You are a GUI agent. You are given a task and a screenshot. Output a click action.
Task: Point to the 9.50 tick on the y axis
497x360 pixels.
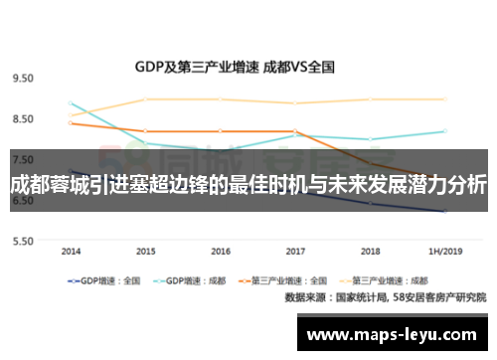[23, 78]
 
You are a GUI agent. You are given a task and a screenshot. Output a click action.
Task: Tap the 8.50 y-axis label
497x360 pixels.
[23, 118]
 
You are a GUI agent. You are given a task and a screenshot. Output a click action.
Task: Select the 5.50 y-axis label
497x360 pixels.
[23, 241]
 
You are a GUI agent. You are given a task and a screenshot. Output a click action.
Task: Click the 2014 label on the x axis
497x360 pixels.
[71, 252]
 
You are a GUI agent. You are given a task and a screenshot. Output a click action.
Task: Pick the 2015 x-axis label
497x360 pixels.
[145, 252]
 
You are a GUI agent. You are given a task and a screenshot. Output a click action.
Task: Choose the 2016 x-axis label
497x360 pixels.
[221, 252]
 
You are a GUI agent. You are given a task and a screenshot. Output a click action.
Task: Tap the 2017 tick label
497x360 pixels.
[295, 252]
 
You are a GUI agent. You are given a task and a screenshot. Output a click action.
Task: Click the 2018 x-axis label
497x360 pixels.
[370, 252]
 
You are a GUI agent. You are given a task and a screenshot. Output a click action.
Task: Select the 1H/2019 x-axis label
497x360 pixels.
[444, 252]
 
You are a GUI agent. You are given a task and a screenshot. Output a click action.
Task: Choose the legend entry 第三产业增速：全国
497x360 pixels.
[299, 281]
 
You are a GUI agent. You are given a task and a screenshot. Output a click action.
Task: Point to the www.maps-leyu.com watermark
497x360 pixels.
[395, 334]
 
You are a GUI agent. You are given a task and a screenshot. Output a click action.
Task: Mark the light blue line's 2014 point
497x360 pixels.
[71, 103]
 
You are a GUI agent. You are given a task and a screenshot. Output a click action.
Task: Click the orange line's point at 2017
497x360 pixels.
[295, 131]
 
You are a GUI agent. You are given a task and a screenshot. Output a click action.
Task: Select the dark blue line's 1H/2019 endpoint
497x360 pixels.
[444, 212]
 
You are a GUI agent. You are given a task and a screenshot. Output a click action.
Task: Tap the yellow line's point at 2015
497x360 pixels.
[145, 99]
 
